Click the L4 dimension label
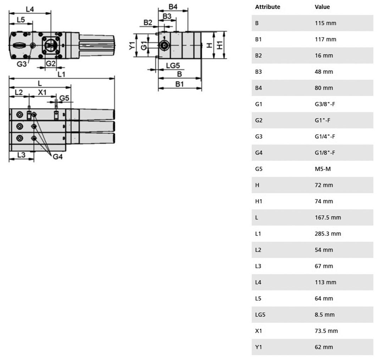coord(30,9)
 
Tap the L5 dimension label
coord(21,20)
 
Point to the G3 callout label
coord(22,64)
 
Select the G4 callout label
coord(58,157)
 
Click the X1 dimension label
coord(42,92)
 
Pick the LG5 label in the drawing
coord(173,65)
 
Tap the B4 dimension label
coord(173,7)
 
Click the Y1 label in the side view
coord(132,46)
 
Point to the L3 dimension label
coord(21,155)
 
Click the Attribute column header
coord(268,7)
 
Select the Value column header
coord(322,7)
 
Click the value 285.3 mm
coord(328,234)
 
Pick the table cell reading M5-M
coord(323,169)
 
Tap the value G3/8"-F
coord(325,104)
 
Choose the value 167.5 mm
coord(328,218)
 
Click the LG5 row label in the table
coord(260,315)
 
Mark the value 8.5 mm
coord(325,315)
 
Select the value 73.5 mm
coord(326,331)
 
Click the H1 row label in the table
coord(259,201)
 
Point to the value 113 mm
coord(326,282)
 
